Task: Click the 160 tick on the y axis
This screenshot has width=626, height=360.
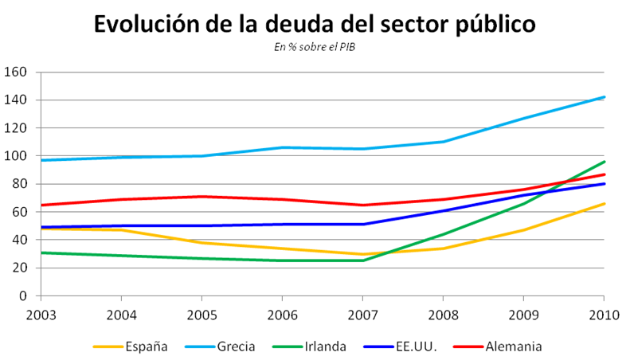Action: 17,72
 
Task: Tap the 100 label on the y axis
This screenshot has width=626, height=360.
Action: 17,156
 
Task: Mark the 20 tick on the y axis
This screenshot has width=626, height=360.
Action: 20,268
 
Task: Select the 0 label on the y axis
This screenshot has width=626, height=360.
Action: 24,295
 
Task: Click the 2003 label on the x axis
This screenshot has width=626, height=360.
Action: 41,311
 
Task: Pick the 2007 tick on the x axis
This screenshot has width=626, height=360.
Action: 362,311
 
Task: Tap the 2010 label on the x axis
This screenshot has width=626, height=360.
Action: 604,311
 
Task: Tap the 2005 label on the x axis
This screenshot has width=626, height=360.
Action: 201,311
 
